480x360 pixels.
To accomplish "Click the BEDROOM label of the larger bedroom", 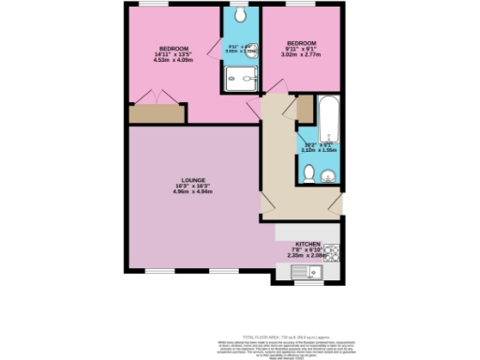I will (175, 49).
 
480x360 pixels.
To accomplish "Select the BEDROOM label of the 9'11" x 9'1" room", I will (302, 44).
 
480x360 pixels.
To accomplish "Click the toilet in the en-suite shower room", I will (240, 17).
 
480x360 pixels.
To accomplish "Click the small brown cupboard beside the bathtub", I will (305, 110).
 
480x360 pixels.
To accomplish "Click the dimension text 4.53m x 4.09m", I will (175, 60).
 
